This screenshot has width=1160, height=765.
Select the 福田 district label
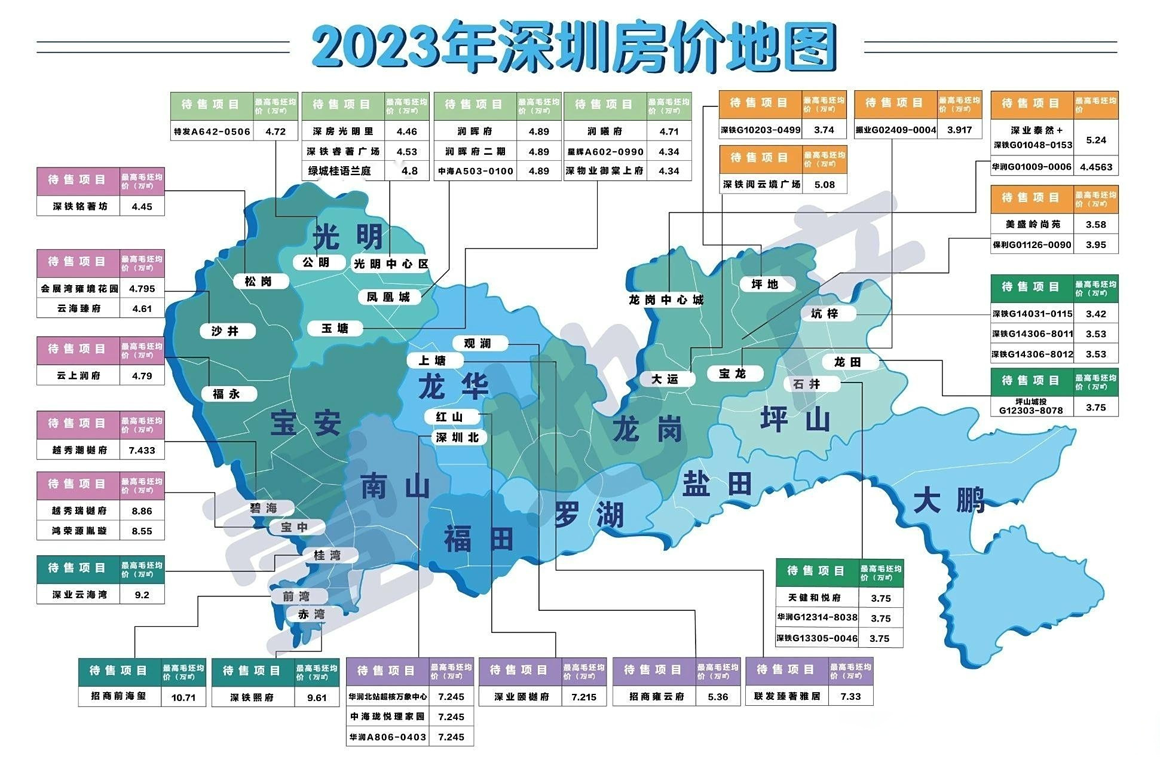pos(478,538)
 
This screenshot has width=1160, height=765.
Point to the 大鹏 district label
pos(948,500)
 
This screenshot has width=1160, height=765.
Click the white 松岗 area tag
pos(258,281)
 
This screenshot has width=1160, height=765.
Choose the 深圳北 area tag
pos(457,437)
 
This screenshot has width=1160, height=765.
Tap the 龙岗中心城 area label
pos(666,300)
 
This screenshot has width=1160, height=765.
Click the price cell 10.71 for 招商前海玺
pos(183,697)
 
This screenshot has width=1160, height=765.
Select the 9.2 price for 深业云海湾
pos(142,595)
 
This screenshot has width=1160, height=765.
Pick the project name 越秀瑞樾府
pos(79,511)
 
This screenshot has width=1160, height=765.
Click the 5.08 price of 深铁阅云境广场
pos(824,185)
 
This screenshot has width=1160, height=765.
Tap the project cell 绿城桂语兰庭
pos(339,171)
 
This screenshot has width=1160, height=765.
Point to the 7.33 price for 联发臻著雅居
pos(850,696)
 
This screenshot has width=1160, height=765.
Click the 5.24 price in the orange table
pos(1096,140)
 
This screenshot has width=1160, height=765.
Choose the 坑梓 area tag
pos(825,313)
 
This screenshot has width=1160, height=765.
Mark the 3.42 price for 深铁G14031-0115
pos(1095,314)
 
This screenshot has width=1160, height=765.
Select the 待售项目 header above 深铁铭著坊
pos(77,179)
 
